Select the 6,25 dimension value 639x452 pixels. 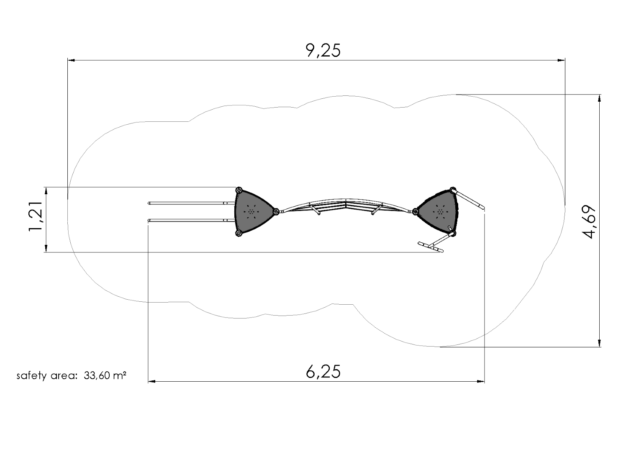pos(323,371)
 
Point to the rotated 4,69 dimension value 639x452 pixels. pos(590,222)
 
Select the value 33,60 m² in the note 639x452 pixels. pos(105,375)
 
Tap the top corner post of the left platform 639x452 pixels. pos(239,190)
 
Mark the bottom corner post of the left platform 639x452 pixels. pos(239,233)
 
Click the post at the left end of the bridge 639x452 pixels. pos(276,212)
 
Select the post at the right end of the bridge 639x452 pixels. pos(415,211)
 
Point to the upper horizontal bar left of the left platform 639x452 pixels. pos(188,203)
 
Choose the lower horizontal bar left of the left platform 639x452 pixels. pos(188,220)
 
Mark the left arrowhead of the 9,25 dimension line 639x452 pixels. pos(71,60)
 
